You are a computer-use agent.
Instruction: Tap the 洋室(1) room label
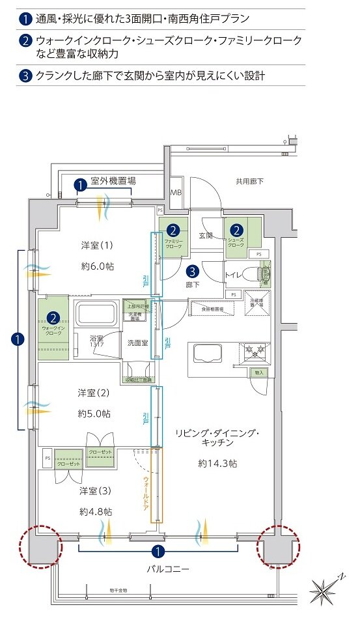[x=97, y=245]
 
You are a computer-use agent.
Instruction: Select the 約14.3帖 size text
[x=217, y=463]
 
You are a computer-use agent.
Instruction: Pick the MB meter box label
[x=176, y=192]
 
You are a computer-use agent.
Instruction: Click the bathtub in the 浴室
[x=96, y=315]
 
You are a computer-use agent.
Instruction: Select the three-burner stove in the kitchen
[x=255, y=352]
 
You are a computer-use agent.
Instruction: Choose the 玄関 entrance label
[x=206, y=235]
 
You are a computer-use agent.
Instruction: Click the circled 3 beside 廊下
[x=193, y=272]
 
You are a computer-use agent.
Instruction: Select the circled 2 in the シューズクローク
[x=236, y=229]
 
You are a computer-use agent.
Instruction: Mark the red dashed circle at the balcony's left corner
[x=41, y=546]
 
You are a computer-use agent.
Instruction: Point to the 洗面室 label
[x=137, y=342]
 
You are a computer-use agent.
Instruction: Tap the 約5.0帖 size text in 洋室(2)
[x=96, y=413]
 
